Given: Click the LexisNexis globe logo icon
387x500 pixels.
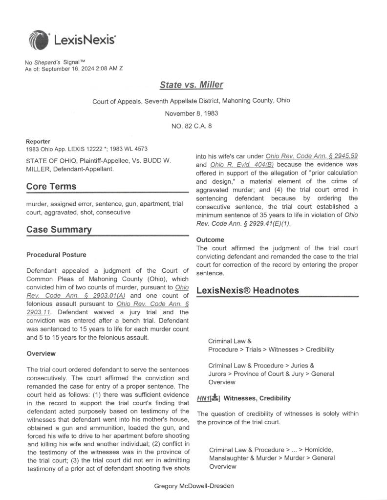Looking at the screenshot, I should [39, 40].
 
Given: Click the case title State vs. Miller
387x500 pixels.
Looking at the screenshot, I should [191, 85].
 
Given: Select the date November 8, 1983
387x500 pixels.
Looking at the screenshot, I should [191, 113].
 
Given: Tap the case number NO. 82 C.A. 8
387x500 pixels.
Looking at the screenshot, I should [191, 126].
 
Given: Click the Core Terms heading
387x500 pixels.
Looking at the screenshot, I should [51, 186].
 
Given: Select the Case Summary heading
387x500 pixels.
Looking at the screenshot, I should [59, 229].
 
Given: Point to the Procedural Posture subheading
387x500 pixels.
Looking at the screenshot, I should [56, 255].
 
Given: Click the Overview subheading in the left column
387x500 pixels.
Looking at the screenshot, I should [42, 353].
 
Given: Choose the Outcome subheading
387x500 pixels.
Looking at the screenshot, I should [211, 240].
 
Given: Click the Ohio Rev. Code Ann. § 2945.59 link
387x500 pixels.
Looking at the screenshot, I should [312, 156].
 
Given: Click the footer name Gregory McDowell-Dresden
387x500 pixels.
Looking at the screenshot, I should [193, 486].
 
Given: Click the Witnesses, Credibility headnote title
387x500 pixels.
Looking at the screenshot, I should [257, 398].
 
